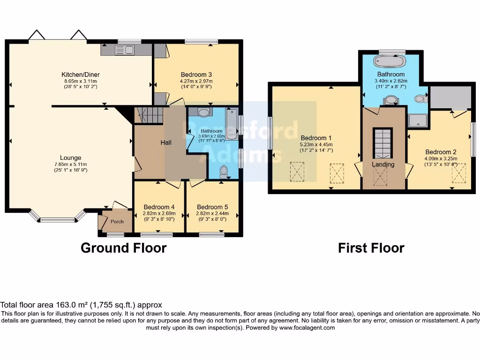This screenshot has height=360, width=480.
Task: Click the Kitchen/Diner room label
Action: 81,75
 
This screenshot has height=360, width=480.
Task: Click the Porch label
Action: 117,222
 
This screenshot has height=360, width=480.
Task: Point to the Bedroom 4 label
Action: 159,207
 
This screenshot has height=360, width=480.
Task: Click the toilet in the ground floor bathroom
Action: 224,171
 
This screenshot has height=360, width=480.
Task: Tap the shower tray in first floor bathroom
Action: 417,121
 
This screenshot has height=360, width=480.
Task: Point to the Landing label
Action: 383,165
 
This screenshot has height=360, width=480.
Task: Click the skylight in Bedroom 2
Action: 459,173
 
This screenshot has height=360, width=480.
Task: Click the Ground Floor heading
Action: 123,247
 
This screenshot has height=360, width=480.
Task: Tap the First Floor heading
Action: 371,247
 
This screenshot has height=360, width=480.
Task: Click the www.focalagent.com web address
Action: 307,328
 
